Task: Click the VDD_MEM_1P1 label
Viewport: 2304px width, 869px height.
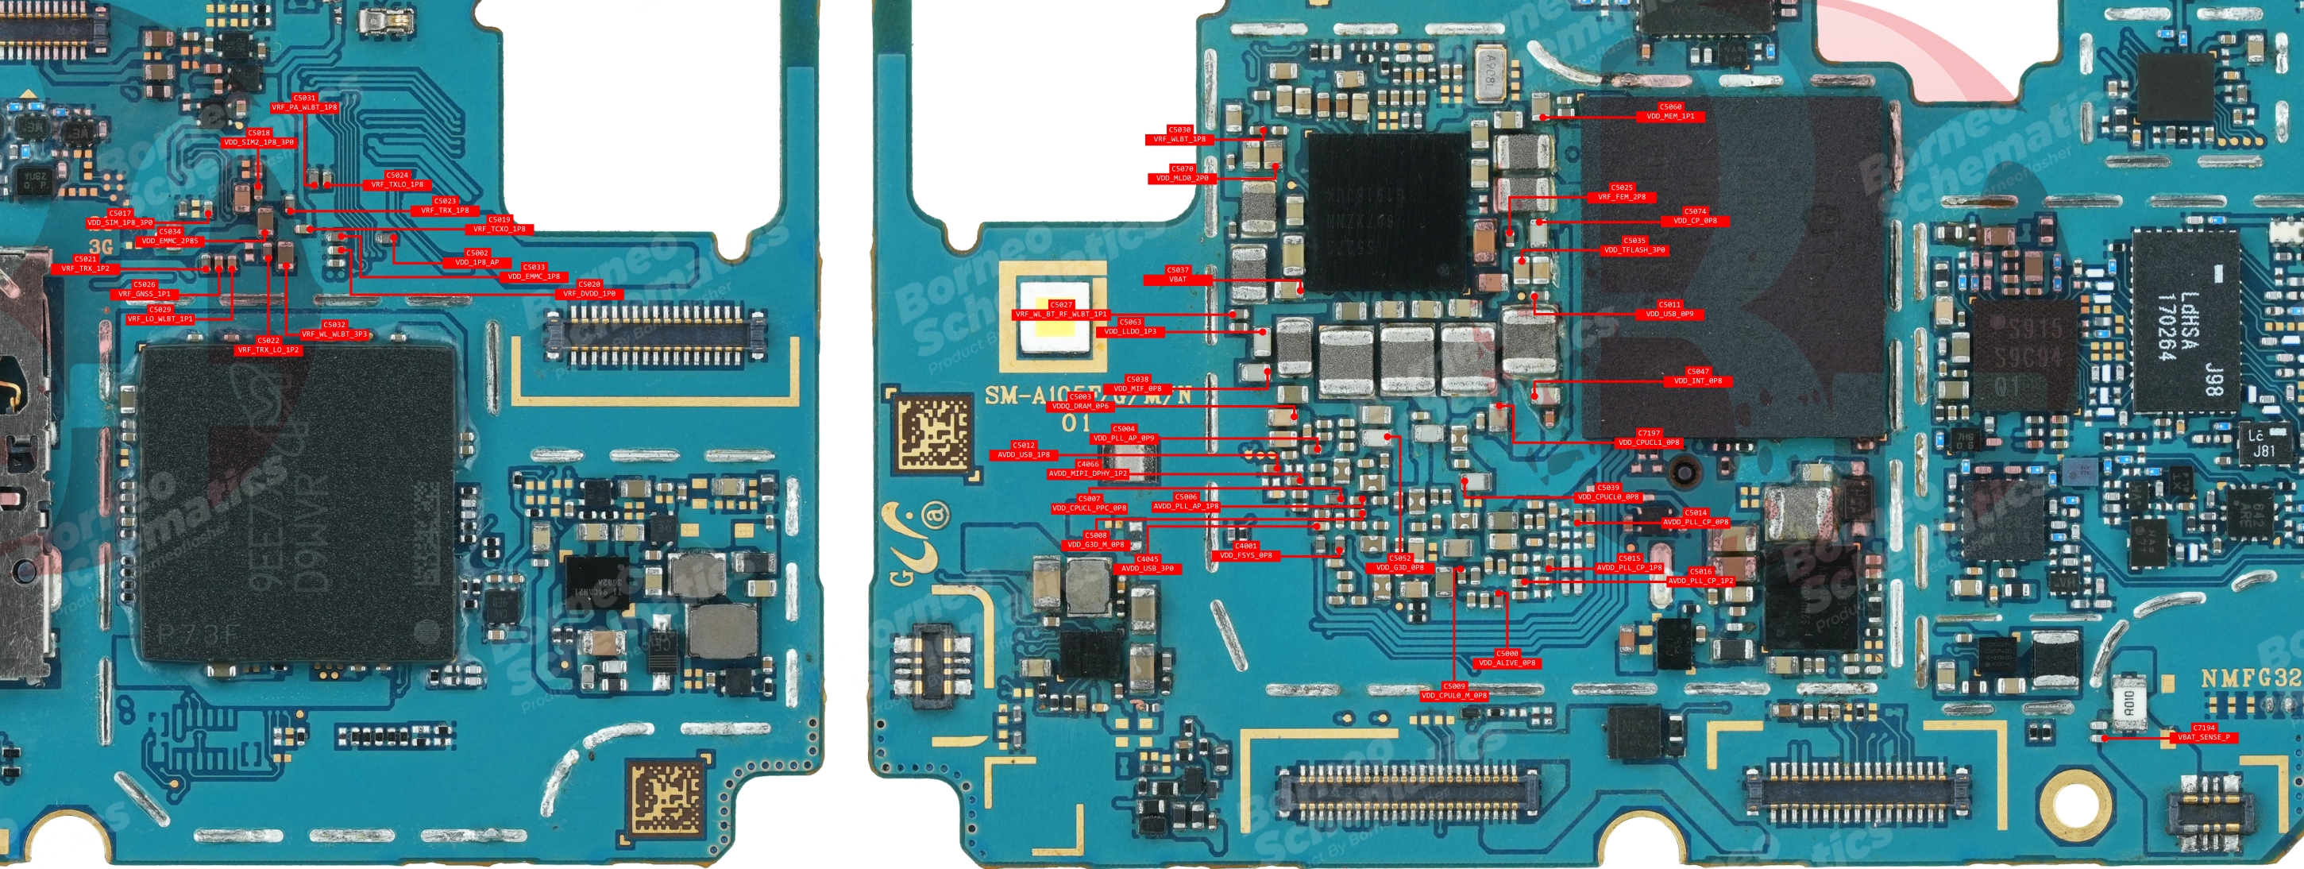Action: (x=1670, y=116)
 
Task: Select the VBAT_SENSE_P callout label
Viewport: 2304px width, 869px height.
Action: (x=2203, y=737)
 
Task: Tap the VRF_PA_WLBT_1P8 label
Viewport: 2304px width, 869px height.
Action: (x=304, y=107)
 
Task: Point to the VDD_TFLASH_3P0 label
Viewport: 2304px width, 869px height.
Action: (x=1634, y=250)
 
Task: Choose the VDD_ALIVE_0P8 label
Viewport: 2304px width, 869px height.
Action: (x=1507, y=663)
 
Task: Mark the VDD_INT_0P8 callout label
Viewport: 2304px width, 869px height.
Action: (x=1697, y=381)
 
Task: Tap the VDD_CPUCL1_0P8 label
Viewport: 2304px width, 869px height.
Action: (x=1649, y=442)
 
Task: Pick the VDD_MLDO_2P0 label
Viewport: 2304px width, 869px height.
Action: (x=1182, y=178)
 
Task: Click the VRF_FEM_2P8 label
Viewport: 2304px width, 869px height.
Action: (x=1622, y=197)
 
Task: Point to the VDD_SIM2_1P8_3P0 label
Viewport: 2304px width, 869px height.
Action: (x=258, y=142)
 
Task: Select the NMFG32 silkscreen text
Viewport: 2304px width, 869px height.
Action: (x=2248, y=678)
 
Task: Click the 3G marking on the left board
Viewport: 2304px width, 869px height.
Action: (x=101, y=246)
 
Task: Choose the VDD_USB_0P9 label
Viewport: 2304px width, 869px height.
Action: (x=1669, y=314)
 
